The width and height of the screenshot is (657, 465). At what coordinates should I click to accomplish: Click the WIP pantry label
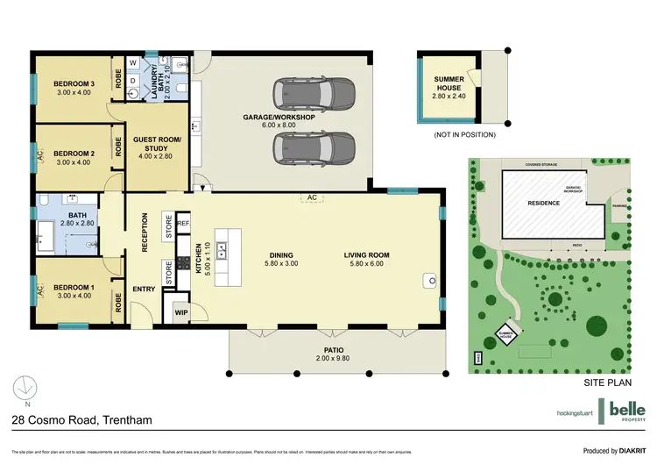[x=181, y=311]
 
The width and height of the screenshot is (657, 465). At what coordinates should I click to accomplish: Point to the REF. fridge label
[x=183, y=224]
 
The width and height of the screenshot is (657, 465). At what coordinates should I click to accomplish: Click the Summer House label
[x=449, y=84]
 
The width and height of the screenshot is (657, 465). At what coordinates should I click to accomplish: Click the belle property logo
[x=627, y=411]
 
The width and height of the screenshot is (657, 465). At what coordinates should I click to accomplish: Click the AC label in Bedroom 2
[x=39, y=155]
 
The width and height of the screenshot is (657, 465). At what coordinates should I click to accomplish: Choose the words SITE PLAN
[x=608, y=385]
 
